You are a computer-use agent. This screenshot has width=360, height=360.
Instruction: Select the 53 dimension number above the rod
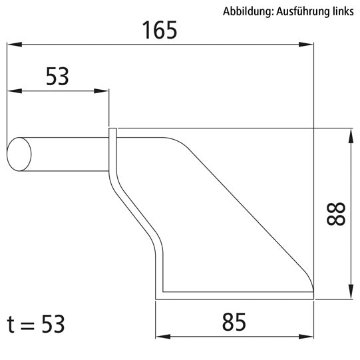pyautogui.click(x=57, y=77)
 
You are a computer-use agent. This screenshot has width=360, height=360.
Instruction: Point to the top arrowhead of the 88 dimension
pyautogui.click(x=349, y=135)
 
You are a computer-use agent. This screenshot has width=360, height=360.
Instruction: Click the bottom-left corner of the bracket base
pyautogui.click(x=157, y=293)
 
